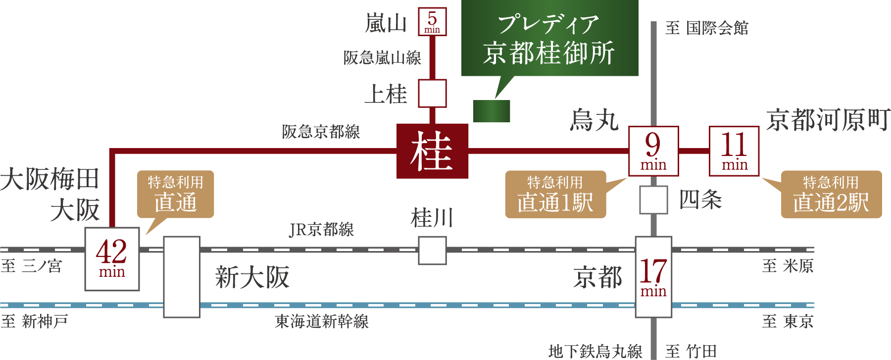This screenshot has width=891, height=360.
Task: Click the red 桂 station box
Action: (x=432, y=151)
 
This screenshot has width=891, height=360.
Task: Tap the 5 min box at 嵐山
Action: (x=432, y=22)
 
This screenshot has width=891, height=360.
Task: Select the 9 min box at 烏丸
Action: (x=653, y=151)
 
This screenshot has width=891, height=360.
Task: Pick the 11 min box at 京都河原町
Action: (x=734, y=151)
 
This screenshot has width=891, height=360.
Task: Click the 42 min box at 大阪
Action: (x=112, y=259)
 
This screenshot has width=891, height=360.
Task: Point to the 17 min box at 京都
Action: (x=653, y=277)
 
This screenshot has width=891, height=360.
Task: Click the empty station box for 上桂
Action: (x=432, y=93)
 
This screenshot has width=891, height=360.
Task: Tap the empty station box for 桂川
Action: (x=432, y=251)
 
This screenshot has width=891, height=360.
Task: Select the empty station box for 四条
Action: (x=653, y=200)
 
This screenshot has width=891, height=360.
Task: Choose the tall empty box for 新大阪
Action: (x=182, y=277)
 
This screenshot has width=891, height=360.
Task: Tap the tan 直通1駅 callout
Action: (x=555, y=195)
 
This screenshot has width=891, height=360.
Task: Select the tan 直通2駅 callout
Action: (x=831, y=195)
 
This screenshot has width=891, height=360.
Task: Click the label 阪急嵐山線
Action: (x=382, y=58)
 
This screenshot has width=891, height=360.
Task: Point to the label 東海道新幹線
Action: (x=322, y=322)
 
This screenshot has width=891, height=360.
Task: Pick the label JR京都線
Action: (x=321, y=230)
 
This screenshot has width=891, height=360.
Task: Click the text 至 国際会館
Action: (x=706, y=28)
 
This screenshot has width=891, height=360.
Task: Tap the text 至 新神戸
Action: (x=35, y=322)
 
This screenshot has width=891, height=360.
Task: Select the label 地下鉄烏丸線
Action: (x=595, y=352)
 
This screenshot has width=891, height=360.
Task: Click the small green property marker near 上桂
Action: (x=492, y=111)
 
